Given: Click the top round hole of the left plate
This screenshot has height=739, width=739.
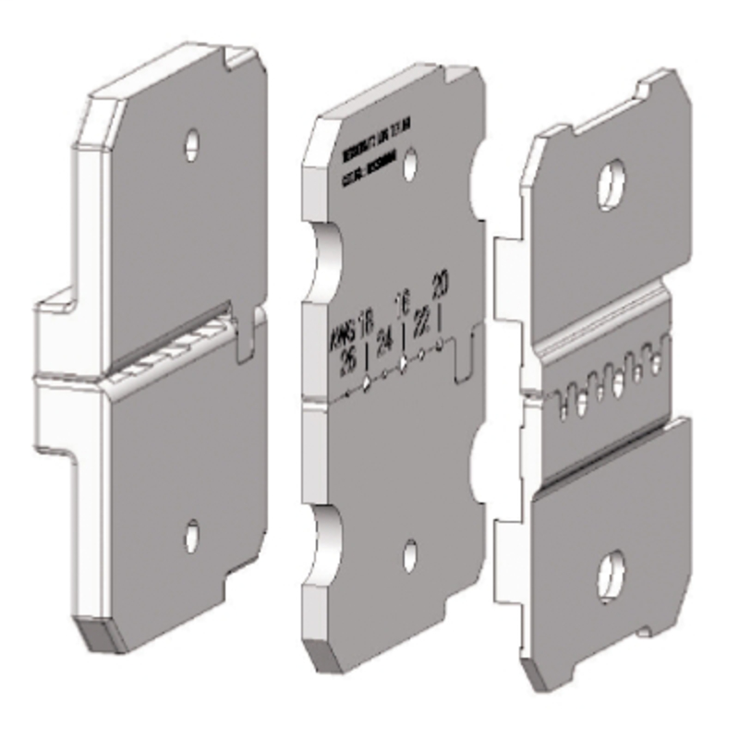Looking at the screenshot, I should pyautogui.click(x=192, y=141).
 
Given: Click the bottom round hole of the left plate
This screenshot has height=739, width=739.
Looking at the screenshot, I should pyautogui.click(x=191, y=533).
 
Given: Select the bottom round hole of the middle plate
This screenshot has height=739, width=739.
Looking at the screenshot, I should pyautogui.click(x=411, y=554).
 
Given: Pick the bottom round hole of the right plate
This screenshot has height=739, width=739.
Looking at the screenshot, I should pyautogui.click(x=611, y=565).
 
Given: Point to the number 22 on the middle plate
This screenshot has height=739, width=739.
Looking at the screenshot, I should pyautogui.click(x=422, y=322).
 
